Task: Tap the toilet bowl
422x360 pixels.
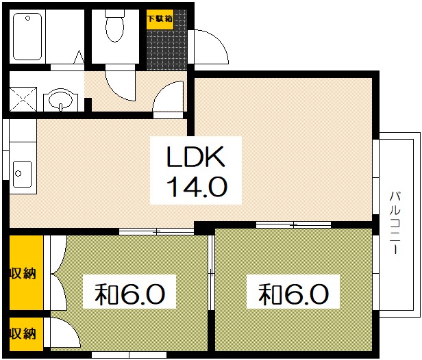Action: pyautogui.click(x=114, y=29)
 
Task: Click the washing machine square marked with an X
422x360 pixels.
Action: pyautogui.click(x=23, y=100)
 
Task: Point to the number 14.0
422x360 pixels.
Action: pyautogui.click(x=196, y=185)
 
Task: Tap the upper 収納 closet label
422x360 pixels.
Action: pyautogui.click(x=23, y=273)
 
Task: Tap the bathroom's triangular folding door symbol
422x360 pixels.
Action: pyautogui.click(x=79, y=57)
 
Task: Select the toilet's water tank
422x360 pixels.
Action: pyautogui.click(x=114, y=14)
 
